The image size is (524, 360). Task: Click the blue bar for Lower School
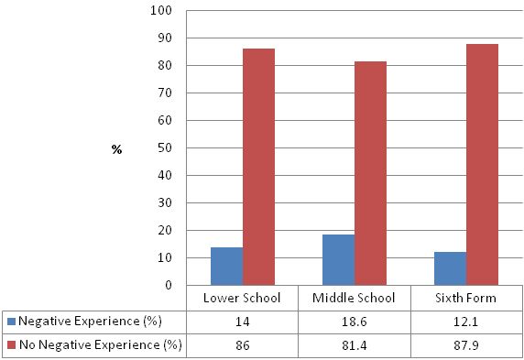pyautogui.click(x=226, y=266)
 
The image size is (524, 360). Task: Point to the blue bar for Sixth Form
pyautogui.click(x=450, y=268)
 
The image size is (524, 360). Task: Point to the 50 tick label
pyautogui.click(x=165, y=147)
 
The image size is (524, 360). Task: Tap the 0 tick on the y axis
pyautogui.click(x=169, y=285)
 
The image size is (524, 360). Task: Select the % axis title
pyautogui.click(x=116, y=148)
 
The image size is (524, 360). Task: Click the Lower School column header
pyautogui.click(x=243, y=299)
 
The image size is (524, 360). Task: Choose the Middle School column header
pyautogui.click(x=355, y=299)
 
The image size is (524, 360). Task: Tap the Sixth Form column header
pyautogui.click(x=466, y=299)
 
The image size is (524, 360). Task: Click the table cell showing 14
pyautogui.click(x=243, y=322)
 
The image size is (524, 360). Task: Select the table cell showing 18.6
pyautogui.click(x=355, y=322)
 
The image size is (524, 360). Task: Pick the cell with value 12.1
pyautogui.click(x=466, y=322)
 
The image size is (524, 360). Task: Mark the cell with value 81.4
pyautogui.click(x=355, y=345)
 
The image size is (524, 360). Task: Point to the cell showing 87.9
pyautogui.click(x=466, y=345)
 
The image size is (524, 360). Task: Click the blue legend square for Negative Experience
pyautogui.click(x=11, y=322)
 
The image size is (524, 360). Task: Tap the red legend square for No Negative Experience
pyautogui.click(x=11, y=345)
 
